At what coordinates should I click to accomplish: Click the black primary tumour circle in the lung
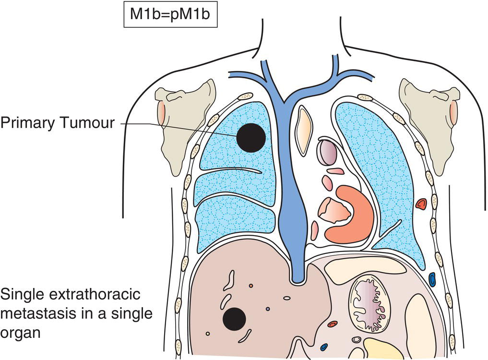(250, 137)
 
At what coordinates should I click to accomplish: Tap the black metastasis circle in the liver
(235, 319)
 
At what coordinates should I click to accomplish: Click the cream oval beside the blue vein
(304, 131)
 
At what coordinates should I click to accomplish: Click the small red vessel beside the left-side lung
(421, 204)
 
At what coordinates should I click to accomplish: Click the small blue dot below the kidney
(324, 347)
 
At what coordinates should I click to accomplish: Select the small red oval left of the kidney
(332, 324)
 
